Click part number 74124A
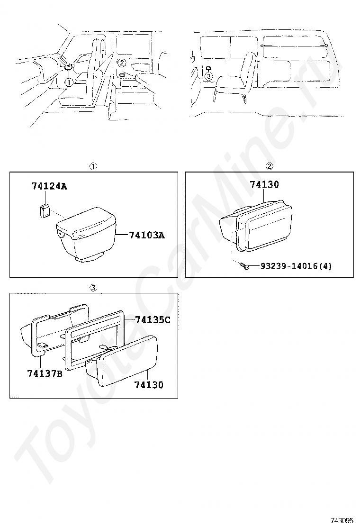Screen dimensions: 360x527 tap(49, 186)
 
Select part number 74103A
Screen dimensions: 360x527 tap(147, 235)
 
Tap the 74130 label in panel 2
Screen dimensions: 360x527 tap(264, 184)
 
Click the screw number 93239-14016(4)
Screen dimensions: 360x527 tap(296, 266)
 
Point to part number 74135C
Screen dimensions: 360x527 tap(153, 319)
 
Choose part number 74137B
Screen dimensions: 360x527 tap(45, 373)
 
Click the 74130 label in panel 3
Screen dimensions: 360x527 tap(149, 384)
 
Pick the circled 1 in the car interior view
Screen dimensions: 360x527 tap(69, 82)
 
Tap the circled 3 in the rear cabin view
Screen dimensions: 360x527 tap(208, 76)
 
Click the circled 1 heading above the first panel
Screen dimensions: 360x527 tap(93, 166)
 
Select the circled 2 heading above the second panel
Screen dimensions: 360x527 tap(270, 166)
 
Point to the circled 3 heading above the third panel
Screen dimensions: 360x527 tap(93, 287)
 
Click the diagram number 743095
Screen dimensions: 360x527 tap(342, 521)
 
